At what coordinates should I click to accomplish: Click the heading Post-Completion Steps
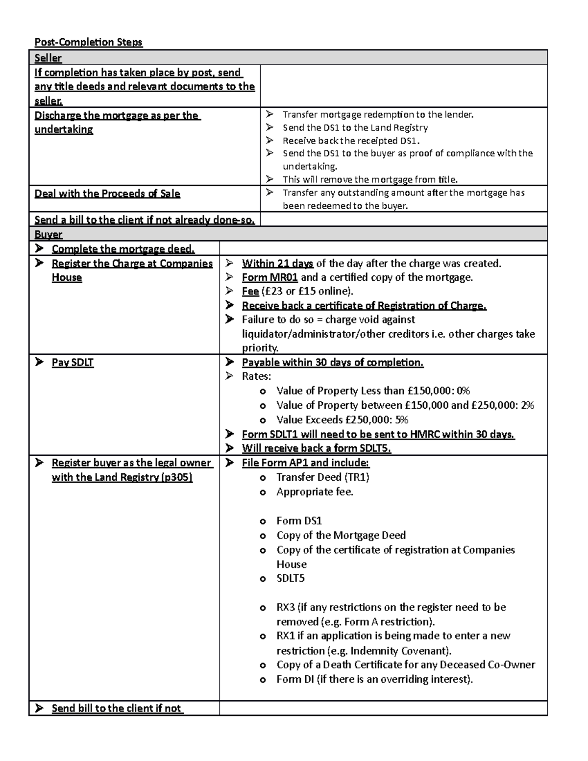[x=88, y=42]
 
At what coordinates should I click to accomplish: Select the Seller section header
[x=48, y=58]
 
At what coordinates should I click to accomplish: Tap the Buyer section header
[x=48, y=234]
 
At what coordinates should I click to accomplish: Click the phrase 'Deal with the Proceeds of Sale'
[x=107, y=194]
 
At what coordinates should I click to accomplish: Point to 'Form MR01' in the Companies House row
[x=269, y=277]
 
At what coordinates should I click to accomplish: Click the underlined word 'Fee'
[x=250, y=292]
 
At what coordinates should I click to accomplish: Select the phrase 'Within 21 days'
[x=277, y=264]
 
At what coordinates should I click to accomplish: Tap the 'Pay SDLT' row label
[x=73, y=363]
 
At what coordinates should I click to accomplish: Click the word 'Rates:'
[x=256, y=376]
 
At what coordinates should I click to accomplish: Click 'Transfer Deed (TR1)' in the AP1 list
[x=322, y=477]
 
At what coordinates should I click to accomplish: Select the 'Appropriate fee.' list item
[x=315, y=492]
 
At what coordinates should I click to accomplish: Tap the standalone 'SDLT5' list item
[x=290, y=578]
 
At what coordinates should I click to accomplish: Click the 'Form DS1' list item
[x=299, y=521]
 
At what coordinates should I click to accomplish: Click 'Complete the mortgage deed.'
[x=123, y=249]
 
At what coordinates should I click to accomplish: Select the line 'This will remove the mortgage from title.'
[x=370, y=179]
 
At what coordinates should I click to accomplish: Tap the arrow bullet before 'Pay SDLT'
[x=39, y=362]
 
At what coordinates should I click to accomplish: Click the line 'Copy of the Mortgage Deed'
[x=341, y=535]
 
